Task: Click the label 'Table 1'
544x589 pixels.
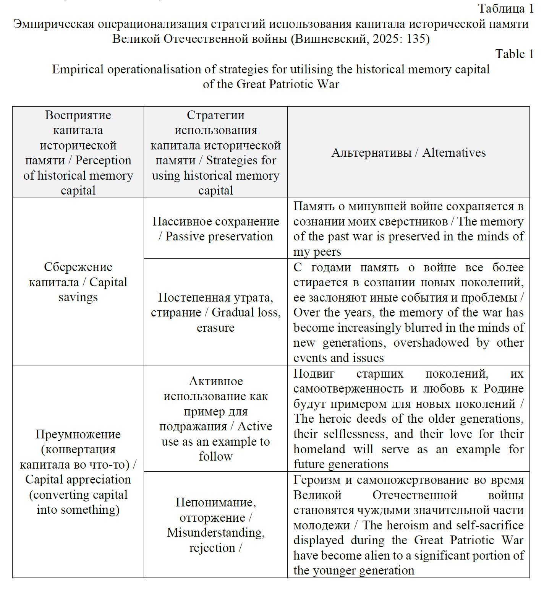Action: (514, 54)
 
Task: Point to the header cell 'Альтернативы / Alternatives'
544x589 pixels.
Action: (408, 153)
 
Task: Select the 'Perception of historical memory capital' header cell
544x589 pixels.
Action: (78, 153)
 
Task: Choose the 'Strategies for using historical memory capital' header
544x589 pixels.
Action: (215, 153)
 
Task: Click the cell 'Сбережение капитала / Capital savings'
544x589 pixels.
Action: (78, 282)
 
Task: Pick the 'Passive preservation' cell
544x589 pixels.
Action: (215, 229)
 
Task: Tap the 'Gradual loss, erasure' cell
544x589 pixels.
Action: (215, 312)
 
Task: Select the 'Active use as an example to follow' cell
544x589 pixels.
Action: (215, 419)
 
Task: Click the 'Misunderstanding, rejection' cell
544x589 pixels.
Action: (215, 525)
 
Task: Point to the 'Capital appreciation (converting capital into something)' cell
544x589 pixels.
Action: (78, 472)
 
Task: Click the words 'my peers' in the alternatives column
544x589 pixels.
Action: (317, 252)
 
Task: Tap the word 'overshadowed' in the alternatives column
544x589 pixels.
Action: (431, 342)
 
